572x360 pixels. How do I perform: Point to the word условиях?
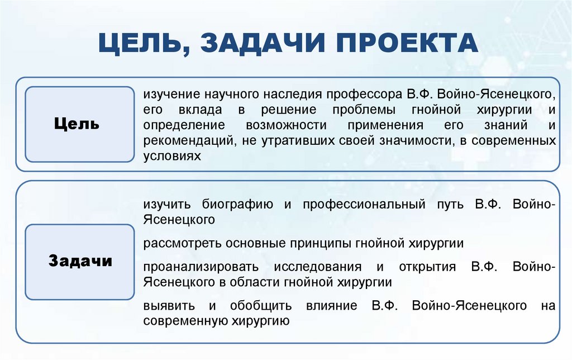click(x=171, y=156)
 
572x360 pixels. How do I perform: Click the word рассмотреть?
click(x=179, y=243)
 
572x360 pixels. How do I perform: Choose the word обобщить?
click(x=261, y=306)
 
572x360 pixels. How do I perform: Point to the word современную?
click(x=185, y=321)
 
